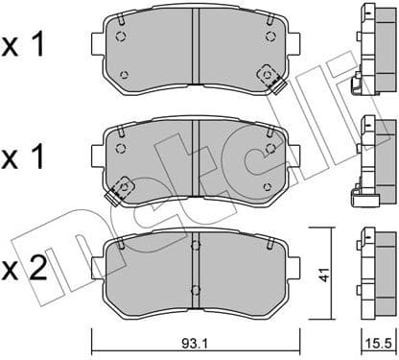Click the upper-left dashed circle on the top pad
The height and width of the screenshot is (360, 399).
pyautogui.click(x=121, y=39)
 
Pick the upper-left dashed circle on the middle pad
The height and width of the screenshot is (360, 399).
pyautogui.click(x=121, y=149)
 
